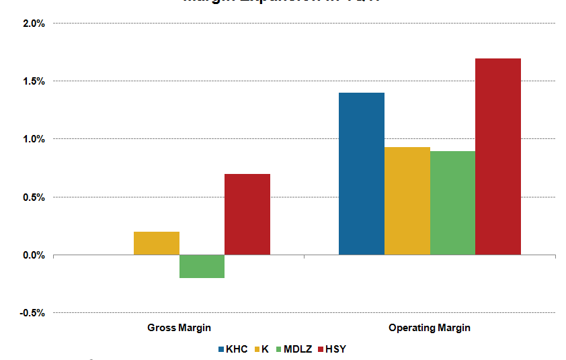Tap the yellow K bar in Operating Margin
[x=407, y=201]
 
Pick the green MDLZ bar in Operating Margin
[x=452, y=203]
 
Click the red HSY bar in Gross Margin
[x=247, y=214]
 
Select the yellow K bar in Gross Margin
[x=156, y=243]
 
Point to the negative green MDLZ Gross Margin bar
[x=202, y=266]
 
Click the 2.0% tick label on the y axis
[x=34, y=24]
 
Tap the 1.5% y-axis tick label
[x=34, y=81]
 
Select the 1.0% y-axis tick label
[x=34, y=139]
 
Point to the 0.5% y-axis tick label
[x=34, y=197]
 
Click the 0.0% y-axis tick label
[x=34, y=255]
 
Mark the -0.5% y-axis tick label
[x=32, y=313]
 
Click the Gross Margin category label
[x=179, y=328]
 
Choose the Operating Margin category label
[x=430, y=328]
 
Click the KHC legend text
[x=237, y=349]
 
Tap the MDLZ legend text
[x=298, y=349]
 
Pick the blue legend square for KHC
[x=221, y=349]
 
